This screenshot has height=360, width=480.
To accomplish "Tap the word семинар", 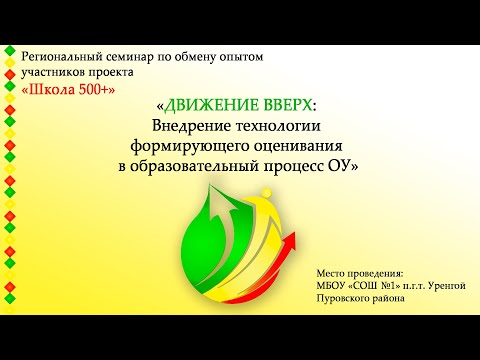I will click(x=155, y=56).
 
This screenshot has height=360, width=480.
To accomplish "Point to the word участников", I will click(x=64, y=72).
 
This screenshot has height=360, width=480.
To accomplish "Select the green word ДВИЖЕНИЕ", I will click(x=211, y=108).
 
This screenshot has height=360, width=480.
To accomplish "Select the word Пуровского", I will click(x=347, y=299).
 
